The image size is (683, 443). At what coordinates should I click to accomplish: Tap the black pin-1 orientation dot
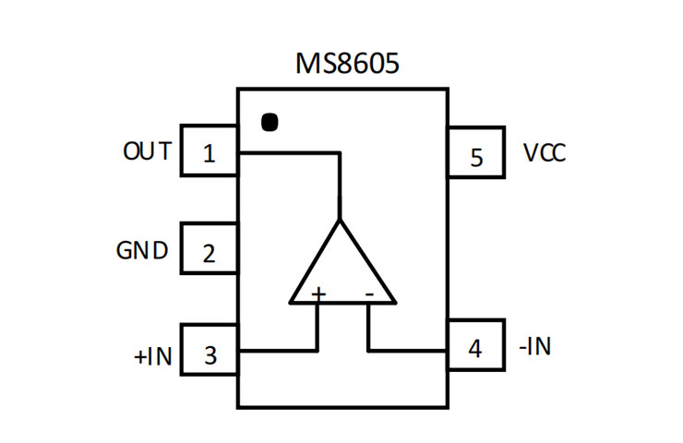point(269,123)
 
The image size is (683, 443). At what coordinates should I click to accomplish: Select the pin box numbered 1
point(209,150)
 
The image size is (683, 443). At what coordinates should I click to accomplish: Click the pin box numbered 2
point(209,248)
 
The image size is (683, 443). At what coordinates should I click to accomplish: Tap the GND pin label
point(142,250)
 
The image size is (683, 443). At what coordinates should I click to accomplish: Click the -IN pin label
point(536,347)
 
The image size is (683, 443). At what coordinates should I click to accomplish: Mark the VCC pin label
point(544,152)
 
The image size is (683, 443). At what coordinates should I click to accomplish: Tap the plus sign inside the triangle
point(318,293)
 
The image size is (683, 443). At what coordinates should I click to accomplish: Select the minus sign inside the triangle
point(368,293)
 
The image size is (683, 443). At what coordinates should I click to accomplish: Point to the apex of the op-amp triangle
point(342,222)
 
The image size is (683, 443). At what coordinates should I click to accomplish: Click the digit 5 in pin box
point(476,157)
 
